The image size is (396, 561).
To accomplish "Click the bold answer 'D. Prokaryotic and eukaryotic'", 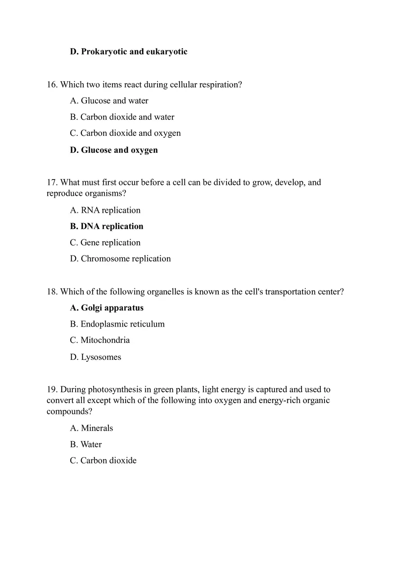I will click(129, 52).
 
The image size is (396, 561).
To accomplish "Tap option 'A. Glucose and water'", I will click(109, 101).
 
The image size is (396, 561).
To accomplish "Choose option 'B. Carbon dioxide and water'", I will click(122, 117).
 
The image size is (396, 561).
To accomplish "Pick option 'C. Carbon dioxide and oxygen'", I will click(126, 133).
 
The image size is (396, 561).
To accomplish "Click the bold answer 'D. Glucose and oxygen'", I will click(114, 150).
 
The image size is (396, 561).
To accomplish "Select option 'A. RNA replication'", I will click(105, 210).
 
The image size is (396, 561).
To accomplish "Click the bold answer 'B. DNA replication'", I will click(107, 226).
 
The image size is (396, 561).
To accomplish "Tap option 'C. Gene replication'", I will click(105, 242).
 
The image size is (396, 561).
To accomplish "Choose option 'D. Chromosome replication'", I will click(121, 259).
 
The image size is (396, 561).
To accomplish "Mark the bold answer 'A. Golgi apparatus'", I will click(107, 308).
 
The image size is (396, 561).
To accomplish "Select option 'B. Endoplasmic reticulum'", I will click(117, 324).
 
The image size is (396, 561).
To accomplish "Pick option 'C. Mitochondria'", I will click(100, 340).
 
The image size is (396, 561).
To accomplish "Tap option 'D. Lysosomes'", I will click(95, 357).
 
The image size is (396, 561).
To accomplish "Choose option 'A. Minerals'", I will click(91, 428).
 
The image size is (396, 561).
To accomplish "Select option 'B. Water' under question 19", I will click(86, 444).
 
